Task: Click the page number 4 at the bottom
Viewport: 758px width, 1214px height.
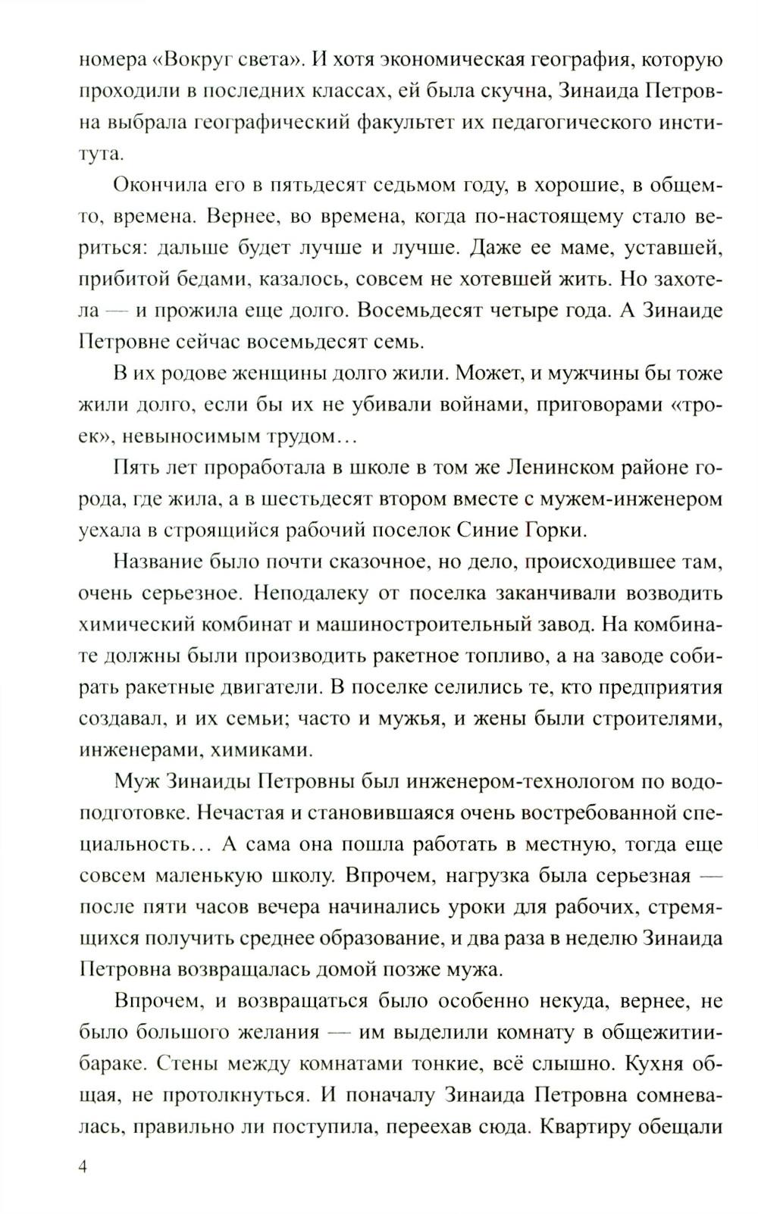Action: click(x=83, y=1166)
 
